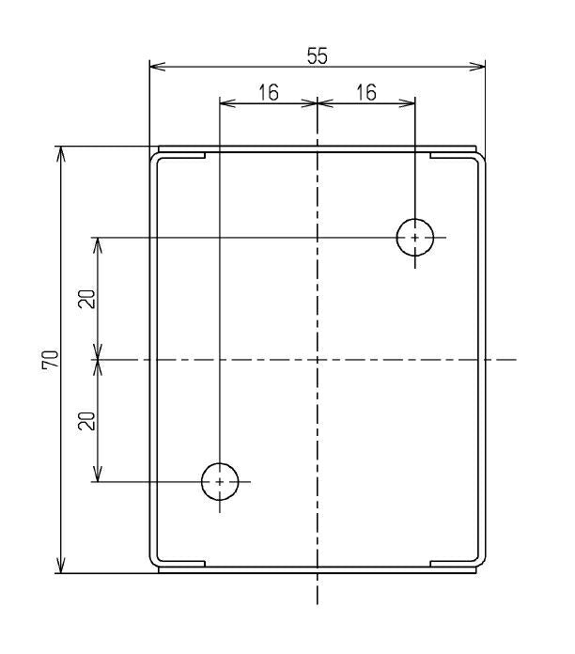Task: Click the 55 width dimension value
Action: pos(317,55)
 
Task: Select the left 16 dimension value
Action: pos(268,91)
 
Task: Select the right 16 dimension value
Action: pos(366,91)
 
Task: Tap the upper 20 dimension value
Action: pos(86,299)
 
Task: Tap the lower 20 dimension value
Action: pos(86,420)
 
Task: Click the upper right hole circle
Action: pos(414,238)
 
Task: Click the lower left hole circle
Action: pos(220,481)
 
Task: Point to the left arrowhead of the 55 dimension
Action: pos(154,67)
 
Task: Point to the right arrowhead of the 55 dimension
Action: pos(482,67)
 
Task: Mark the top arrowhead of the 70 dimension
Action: pos(62,150)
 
